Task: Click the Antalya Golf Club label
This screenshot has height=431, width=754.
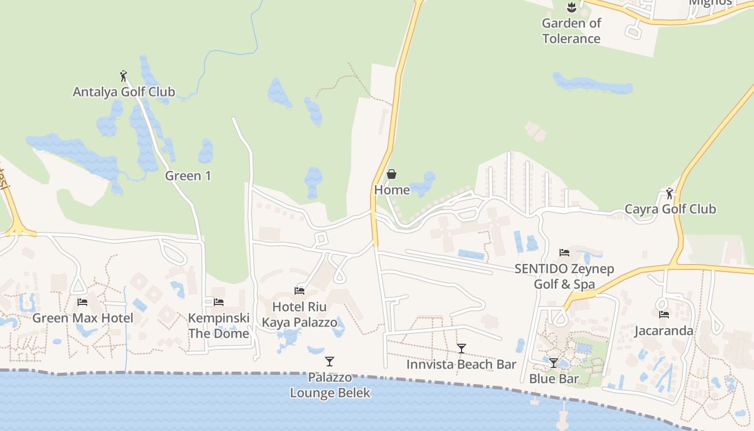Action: point(124,92)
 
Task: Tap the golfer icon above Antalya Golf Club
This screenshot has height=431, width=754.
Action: point(123,76)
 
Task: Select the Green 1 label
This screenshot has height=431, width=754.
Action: point(188,176)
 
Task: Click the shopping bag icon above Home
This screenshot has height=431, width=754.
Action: point(392,174)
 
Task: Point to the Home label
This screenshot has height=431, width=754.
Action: point(392,190)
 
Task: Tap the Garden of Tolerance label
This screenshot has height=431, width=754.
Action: point(571,31)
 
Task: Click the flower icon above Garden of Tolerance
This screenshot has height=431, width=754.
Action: point(571,8)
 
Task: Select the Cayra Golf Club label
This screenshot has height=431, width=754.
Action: point(670,209)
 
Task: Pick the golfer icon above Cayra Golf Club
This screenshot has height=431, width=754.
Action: point(669,193)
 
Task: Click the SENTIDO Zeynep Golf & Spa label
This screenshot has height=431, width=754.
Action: point(564,276)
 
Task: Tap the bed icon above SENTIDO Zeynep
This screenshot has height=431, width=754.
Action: point(564,252)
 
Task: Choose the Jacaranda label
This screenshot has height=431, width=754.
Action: point(664,331)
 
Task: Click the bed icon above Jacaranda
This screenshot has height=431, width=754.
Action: point(664,315)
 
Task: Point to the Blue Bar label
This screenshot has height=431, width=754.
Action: point(554,379)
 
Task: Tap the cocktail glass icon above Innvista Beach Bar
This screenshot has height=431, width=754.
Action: point(461,349)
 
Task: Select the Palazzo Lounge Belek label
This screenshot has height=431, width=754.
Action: point(330,385)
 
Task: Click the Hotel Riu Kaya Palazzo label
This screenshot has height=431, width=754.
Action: point(299,315)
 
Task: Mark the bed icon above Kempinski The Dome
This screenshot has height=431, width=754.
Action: point(219,302)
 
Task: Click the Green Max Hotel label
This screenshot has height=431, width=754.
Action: point(82,318)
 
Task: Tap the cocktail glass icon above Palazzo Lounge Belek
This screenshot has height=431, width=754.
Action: point(330,361)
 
